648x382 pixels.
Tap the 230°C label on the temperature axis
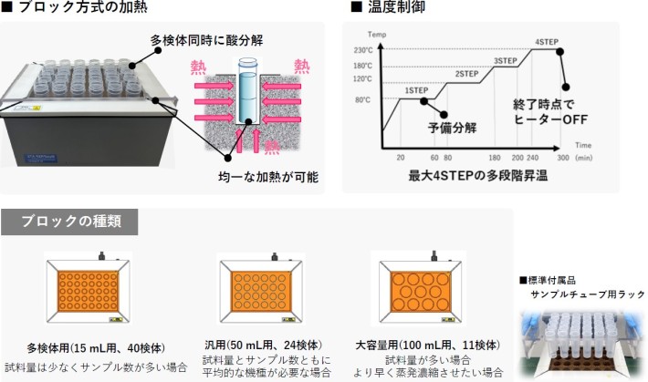[363, 50]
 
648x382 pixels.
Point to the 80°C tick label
[363, 99]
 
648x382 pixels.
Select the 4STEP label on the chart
[548, 42]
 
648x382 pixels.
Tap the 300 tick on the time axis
[564, 157]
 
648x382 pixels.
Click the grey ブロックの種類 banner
[71, 222]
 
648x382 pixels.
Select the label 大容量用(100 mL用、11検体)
[427, 346]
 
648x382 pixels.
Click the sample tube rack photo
[582, 341]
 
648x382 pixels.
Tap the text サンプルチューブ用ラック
[588, 294]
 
